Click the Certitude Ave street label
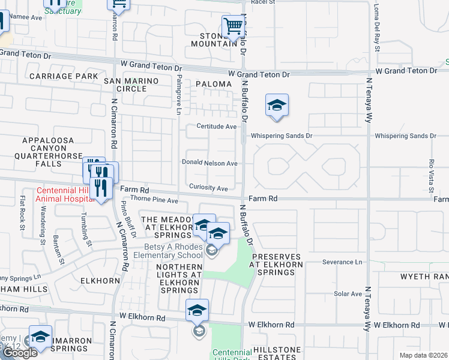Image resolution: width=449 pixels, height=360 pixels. [x=217, y=127]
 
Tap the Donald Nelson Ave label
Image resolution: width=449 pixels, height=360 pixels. [x=210, y=163]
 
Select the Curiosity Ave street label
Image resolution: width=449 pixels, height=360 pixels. [x=208, y=188]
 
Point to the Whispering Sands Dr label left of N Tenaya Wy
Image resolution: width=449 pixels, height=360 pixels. [x=282, y=136]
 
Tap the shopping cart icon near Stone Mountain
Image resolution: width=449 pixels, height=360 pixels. [x=232, y=27]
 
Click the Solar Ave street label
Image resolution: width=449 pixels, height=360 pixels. [x=348, y=294]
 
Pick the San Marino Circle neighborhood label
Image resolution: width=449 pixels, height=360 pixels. [x=131, y=85]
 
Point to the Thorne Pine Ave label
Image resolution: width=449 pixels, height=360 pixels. [x=154, y=200]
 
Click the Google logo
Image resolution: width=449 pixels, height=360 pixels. [x=20, y=353]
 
